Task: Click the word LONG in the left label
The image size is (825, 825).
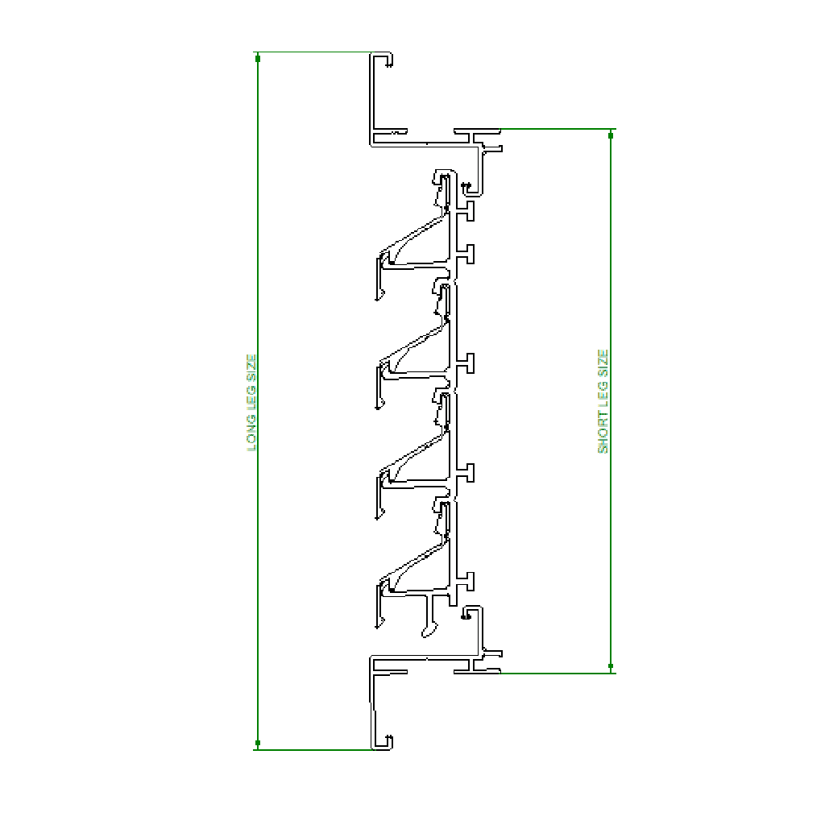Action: pos(251,433)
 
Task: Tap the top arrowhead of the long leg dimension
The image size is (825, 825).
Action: pos(257,58)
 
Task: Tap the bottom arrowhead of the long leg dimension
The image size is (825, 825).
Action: pos(257,743)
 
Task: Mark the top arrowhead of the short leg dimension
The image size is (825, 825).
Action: pos(611,135)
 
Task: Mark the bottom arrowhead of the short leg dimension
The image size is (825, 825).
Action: pos(611,666)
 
